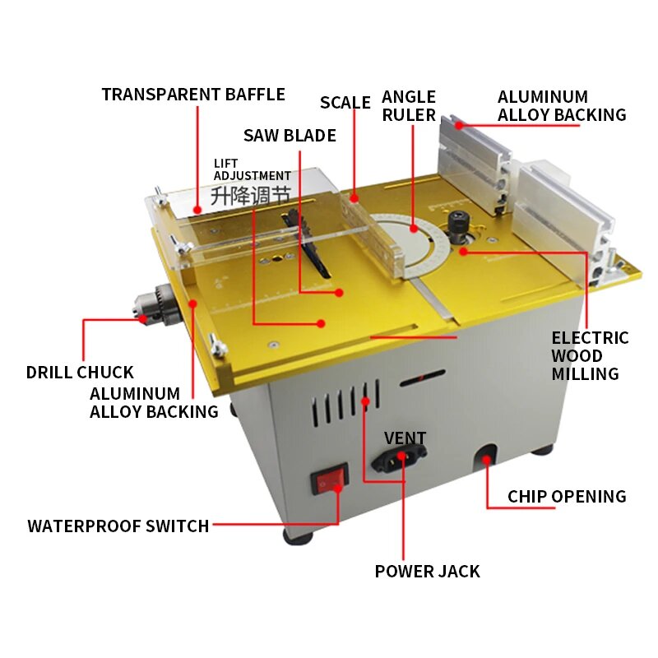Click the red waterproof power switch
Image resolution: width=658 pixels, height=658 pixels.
330,479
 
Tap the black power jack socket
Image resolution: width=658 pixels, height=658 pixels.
399,458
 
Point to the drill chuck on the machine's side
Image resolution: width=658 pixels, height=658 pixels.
155,305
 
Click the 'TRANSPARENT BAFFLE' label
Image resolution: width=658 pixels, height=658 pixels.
193,95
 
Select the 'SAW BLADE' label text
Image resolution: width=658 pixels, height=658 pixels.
290,136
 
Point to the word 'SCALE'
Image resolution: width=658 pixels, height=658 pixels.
345,103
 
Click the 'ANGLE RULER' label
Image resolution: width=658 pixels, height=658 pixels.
409,106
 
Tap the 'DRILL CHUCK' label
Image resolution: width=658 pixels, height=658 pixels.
80,373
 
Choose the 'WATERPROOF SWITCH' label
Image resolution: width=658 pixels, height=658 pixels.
118,526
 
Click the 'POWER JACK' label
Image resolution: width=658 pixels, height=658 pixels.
427,572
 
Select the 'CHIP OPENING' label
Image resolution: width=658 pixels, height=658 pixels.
567,497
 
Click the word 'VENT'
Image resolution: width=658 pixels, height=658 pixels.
405,438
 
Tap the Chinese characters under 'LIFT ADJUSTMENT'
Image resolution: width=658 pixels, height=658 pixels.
251,196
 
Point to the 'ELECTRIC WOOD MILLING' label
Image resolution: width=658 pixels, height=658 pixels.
590,356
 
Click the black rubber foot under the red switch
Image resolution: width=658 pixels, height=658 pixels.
299,537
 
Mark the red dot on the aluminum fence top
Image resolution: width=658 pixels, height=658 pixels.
460,125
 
